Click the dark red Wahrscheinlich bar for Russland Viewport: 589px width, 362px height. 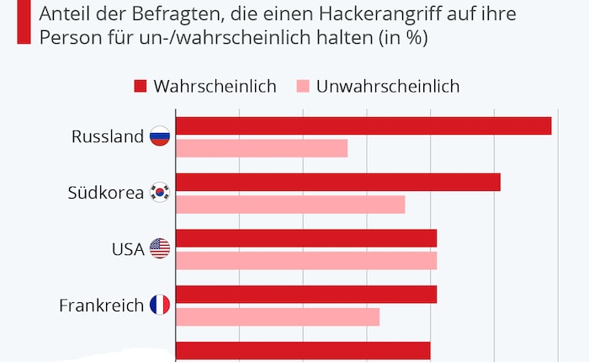[x=363, y=125]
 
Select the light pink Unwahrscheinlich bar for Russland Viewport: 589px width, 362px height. [x=262, y=148]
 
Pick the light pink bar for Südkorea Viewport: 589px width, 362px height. [x=290, y=205]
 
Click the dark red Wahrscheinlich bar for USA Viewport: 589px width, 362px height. [x=306, y=238]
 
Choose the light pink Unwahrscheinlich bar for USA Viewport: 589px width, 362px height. [x=306, y=261]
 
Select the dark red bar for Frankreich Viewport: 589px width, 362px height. [x=306, y=295]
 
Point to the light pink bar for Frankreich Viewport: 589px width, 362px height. [x=278, y=317]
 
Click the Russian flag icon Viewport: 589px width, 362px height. [x=160, y=136]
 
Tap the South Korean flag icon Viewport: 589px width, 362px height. [x=160, y=193]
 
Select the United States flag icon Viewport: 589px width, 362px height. [x=160, y=248]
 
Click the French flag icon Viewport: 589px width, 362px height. [x=160, y=305]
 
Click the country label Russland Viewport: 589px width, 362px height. [x=108, y=136]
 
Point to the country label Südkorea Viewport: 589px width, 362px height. [x=105, y=193]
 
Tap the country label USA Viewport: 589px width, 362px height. [x=128, y=249]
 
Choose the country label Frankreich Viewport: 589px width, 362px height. [x=101, y=306]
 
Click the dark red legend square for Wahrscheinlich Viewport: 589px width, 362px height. [x=140, y=86]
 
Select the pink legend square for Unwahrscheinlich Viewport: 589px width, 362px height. [x=303, y=86]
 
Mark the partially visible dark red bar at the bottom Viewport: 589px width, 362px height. [x=303, y=351]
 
